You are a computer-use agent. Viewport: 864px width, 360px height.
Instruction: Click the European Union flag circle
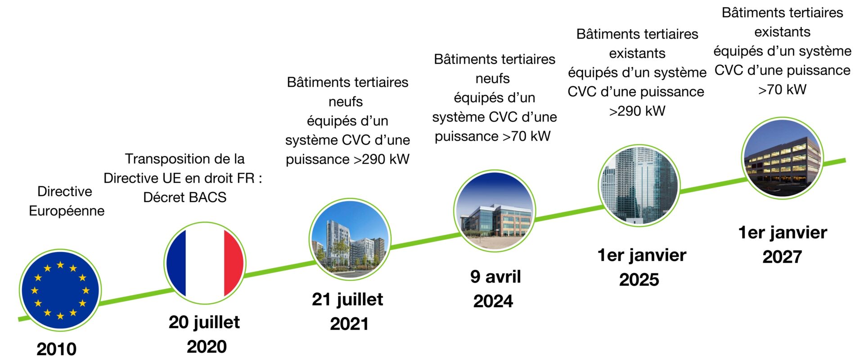[x=60, y=290]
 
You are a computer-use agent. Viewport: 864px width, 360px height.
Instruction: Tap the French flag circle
[x=205, y=263]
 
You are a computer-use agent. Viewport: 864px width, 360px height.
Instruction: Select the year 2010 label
[x=57, y=349]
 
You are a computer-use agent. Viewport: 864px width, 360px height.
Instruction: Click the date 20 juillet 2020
[x=205, y=334]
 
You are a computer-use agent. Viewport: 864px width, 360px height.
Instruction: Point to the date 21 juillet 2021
[x=348, y=311]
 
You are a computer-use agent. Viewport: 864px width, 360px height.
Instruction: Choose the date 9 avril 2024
[x=495, y=289]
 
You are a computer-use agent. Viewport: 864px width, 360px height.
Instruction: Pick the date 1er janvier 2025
[x=641, y=267]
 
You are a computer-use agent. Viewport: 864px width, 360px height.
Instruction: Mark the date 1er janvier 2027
[x=783, y=244]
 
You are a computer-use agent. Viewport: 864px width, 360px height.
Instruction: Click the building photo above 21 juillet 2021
[x=350, y=239]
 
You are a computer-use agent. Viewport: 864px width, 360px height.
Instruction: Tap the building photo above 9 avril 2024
[x=495, y=211]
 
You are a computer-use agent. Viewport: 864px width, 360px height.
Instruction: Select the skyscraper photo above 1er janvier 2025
[x=639, y=185]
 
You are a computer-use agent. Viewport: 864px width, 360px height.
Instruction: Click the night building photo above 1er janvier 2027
[x=783, y=158]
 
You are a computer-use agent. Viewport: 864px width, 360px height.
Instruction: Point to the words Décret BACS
[x=184, y=197]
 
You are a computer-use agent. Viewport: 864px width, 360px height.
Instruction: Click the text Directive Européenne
[x=66, y=201]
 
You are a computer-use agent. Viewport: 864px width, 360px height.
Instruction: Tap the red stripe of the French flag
[x=234, y=263]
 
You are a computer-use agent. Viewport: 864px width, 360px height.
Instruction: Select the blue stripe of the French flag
[x=176, y=263]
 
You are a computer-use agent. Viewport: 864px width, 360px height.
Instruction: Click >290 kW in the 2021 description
[x=382, y=159]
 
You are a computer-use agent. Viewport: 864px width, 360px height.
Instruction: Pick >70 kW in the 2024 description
[x=526, y=136]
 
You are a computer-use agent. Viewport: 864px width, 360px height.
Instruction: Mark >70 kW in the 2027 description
[x=782, y=90]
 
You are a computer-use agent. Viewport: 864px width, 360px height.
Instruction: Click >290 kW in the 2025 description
[x=637, y=111]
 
